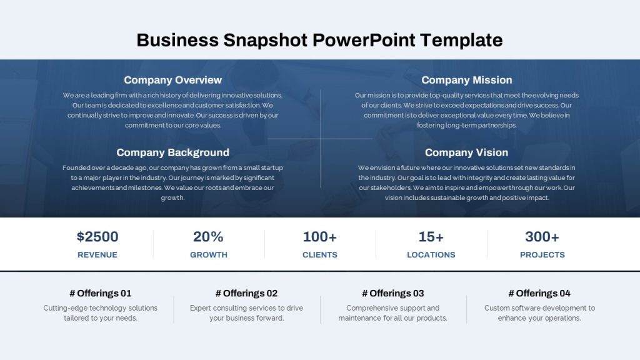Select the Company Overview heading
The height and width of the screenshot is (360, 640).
pyautogui.click(x=172, y=80)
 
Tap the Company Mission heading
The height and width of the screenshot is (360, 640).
pyautogui.click(x=466, y=80)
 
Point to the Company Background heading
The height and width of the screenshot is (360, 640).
pyautogui.click(x=172, y=152)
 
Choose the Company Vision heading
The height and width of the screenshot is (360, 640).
pyautogui.click(x=466, y=152)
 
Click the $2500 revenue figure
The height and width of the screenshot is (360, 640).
pyautogui.click(x=97, y=237)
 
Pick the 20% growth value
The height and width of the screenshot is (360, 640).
pyautogui.click(x=208, y=237)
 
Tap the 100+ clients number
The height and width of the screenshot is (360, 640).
pyautogui.click(x=319, y=237)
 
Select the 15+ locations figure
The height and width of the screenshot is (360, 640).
pyautogui.click(x=431, y=237)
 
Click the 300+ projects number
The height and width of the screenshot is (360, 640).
pyautogui.click(x=542, y=237)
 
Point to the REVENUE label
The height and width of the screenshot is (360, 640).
pyautogui.click(x=97, y=255)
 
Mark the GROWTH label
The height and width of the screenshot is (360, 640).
pyautogui.click(x=209, y=255)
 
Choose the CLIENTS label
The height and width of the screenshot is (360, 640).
pyautogui.click(x=320, y=255)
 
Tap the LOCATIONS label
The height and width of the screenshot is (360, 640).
pyautogui.click(x=431, y=255)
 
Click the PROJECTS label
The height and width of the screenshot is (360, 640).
pyautogui.click(x=542, y=255)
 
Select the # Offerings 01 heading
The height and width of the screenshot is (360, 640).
pyautogui.click(x=101, y=294)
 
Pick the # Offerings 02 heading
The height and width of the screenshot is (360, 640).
pyautogui.click(x=246, y=294)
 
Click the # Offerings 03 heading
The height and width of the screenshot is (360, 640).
pyautogui.click(x=393, y=294)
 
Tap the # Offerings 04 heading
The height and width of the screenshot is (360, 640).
pyautogui.click(x=539, y=294)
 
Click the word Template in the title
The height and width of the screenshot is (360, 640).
pyautogui.click(x=461, y=41)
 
